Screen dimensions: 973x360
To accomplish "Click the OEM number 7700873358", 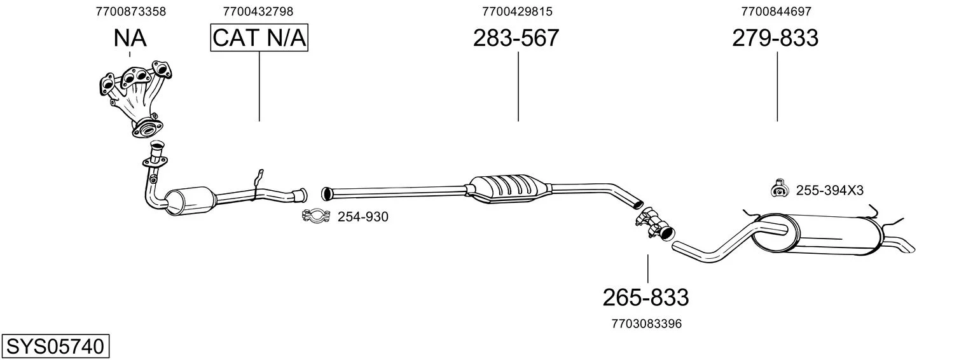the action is click(131, 11).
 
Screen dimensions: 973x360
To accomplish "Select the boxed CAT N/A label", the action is click(259, 38).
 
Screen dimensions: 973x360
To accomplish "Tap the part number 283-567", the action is click(516, 38).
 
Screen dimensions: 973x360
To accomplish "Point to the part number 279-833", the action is click(775, 38).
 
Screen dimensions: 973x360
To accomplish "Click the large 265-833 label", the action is click(645, 298).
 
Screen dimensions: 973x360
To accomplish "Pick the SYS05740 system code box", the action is click(55, 346).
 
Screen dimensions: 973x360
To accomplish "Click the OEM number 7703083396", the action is click(647, 324).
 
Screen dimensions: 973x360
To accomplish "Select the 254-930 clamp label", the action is click(362, 217).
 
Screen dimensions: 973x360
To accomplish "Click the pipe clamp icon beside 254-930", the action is click(316, 216).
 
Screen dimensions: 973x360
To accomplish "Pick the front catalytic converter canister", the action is click(190, 201).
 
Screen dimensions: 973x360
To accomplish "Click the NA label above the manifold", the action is click(130, 38).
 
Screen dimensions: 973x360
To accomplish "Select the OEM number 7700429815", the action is click(517, 11).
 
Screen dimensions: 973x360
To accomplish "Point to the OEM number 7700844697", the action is click(776, 11).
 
